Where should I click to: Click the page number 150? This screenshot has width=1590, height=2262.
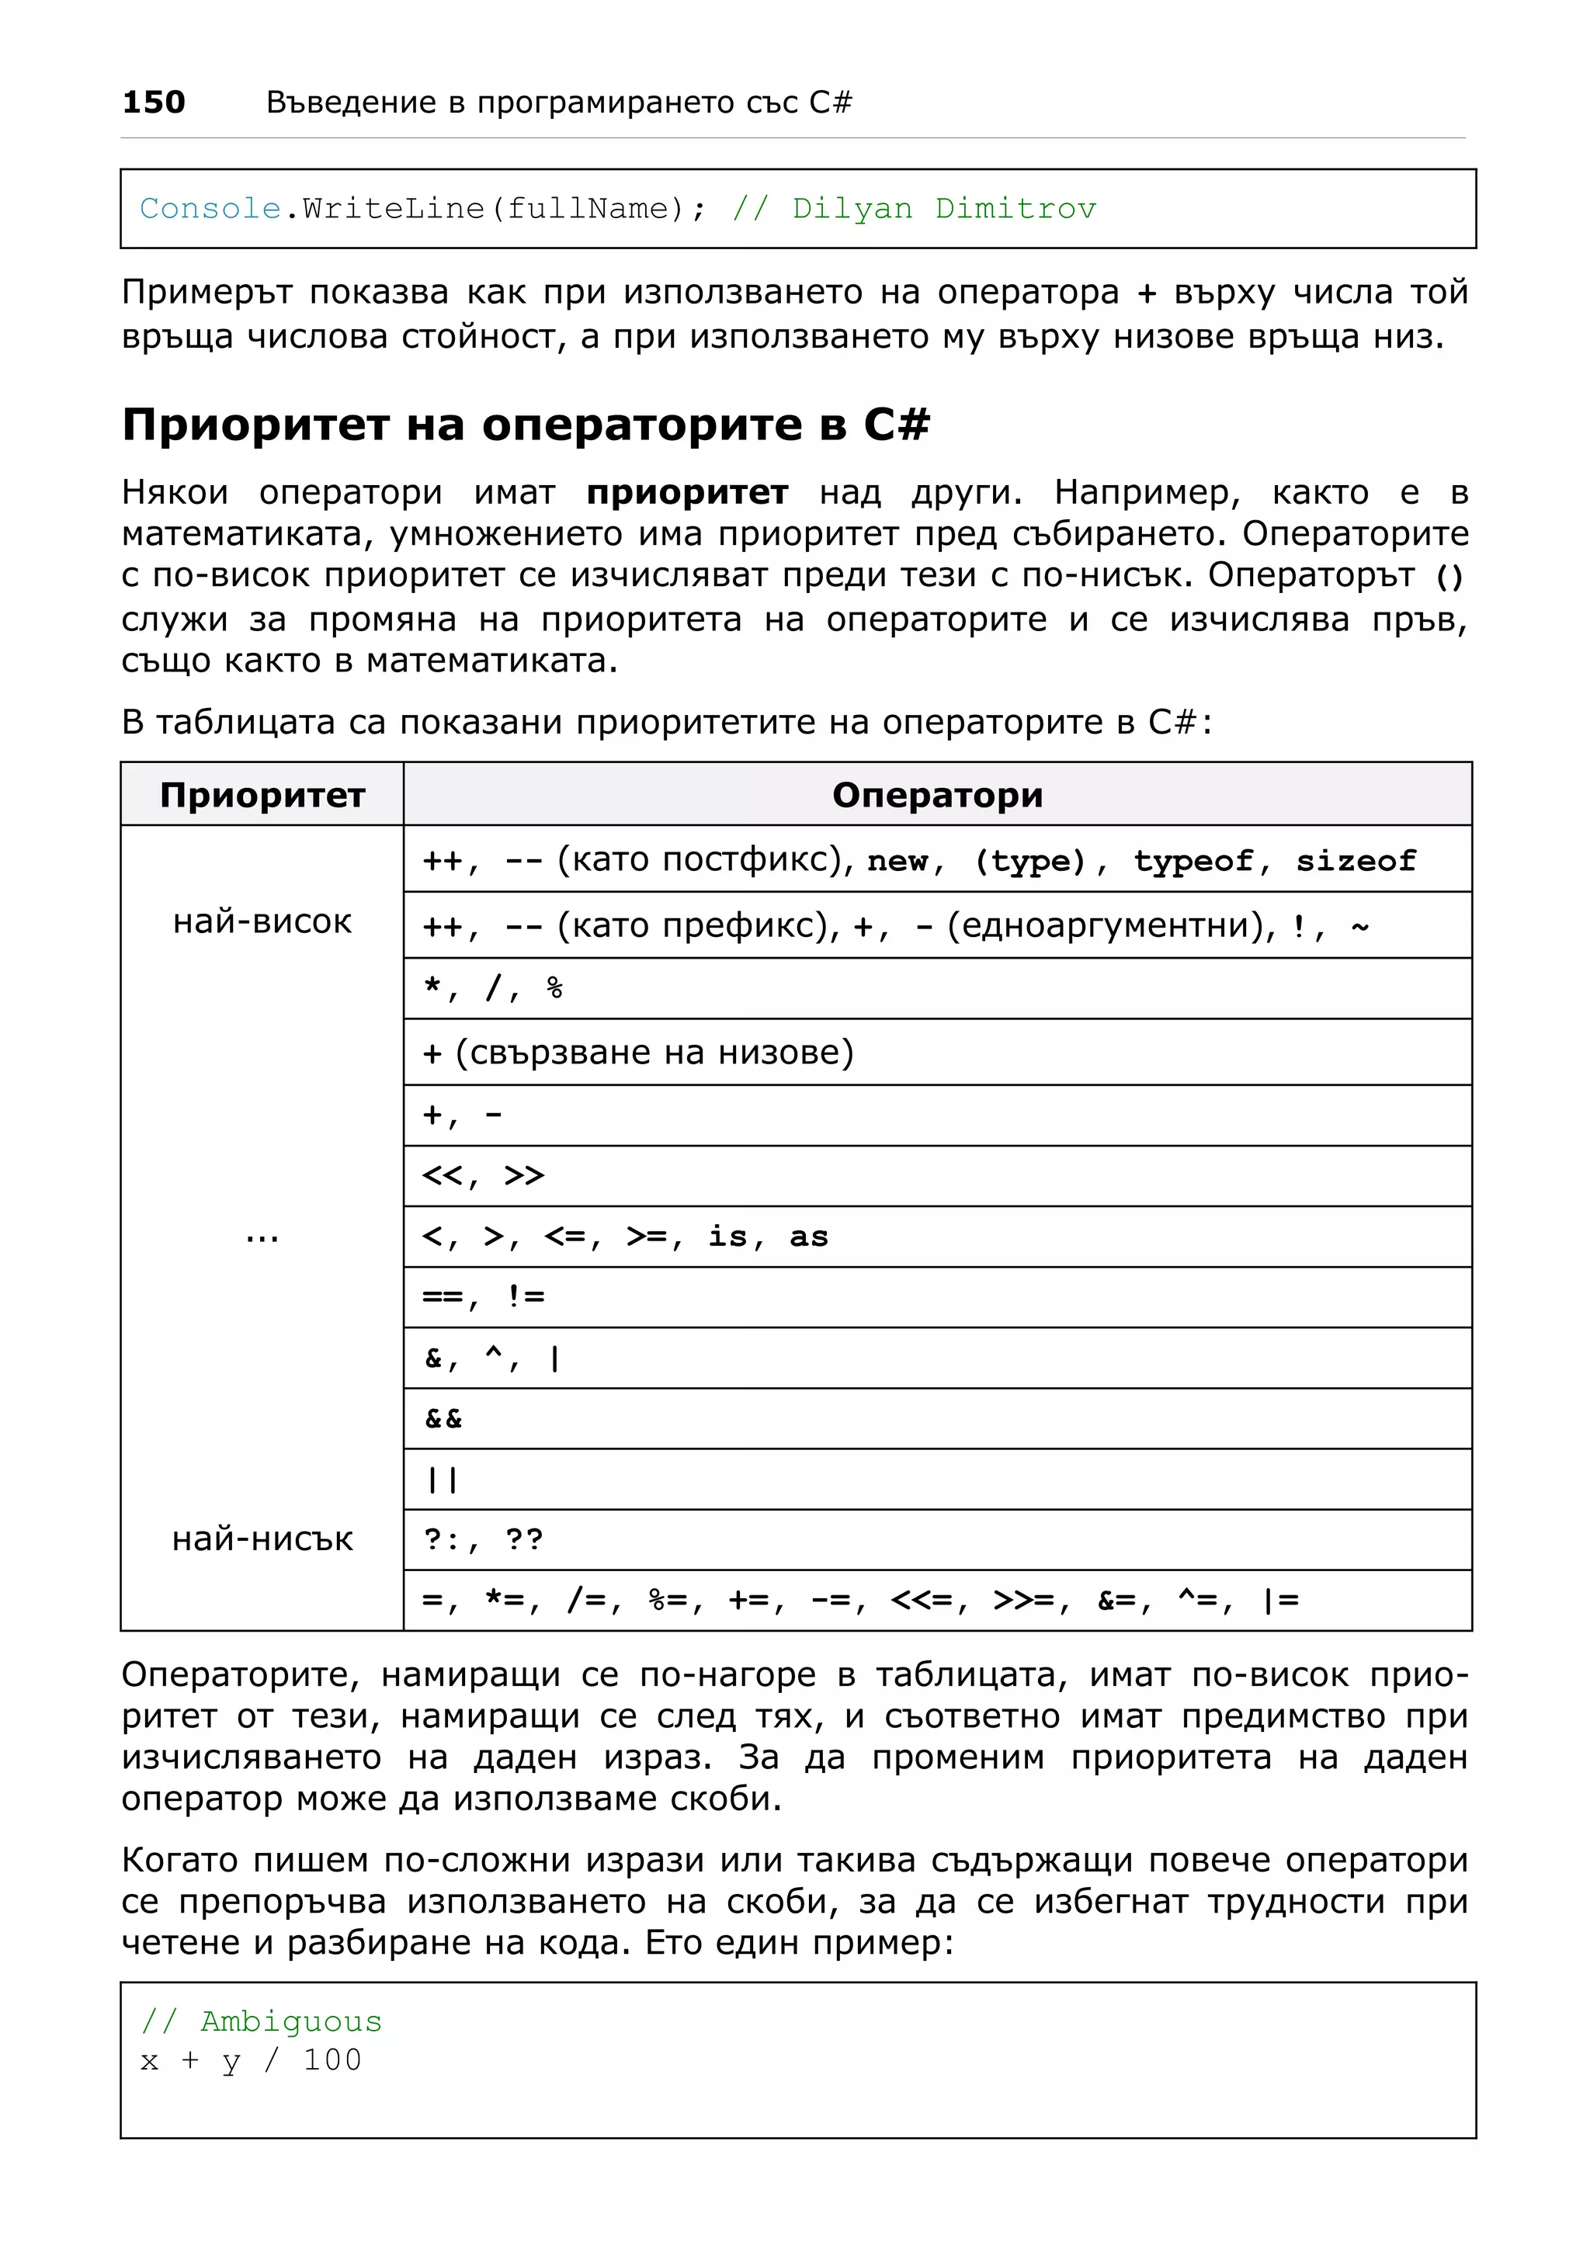coord(153,102)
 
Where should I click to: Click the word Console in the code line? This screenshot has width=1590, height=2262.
coord(210,209)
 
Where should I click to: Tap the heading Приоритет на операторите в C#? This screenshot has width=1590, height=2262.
coord(525,425)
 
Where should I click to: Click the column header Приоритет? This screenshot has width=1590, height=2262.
coord(262,795)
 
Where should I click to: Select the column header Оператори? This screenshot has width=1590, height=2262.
coord(937,795)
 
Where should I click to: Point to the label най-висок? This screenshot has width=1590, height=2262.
coord(262,921)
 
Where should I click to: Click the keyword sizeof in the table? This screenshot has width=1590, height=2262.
coord(1356,861)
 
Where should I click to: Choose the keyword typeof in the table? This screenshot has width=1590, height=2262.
coord(1192,861)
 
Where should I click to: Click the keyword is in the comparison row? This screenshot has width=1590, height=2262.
coord(727,1237)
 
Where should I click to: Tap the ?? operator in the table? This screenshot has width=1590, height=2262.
coord(524,1540)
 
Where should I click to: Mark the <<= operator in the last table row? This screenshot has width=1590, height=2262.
coord(921,1601)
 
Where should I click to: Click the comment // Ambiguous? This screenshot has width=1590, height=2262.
coord(261,2021)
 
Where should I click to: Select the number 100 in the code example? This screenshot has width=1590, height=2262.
coord(332,2060)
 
